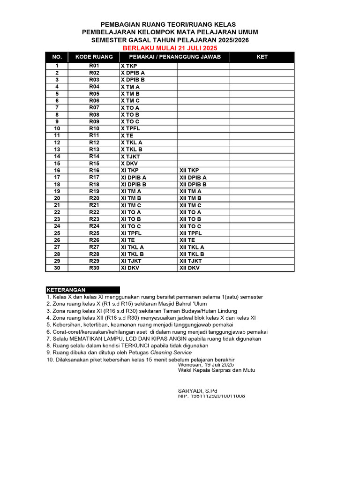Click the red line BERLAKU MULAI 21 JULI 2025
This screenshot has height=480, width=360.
tap(170, 48)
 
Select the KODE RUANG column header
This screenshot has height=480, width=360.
tap(94, 57)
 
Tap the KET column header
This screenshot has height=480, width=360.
tap(262, 57)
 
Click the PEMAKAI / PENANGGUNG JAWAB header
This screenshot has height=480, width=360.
tap(175, 57)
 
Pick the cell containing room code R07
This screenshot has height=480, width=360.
tap(94, 108)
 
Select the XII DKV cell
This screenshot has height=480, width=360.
tap(189, 268)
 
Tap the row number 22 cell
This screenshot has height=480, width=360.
tap(57, 212)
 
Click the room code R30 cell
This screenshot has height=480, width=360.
tap(94, 268)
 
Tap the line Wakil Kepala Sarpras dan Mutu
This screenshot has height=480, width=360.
tap(217, 370)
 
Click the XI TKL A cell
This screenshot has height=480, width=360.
tap(132, 247)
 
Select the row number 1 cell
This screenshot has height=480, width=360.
tap(57, 66)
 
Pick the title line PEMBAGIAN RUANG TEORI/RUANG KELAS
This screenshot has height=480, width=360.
tap(170, 24)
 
